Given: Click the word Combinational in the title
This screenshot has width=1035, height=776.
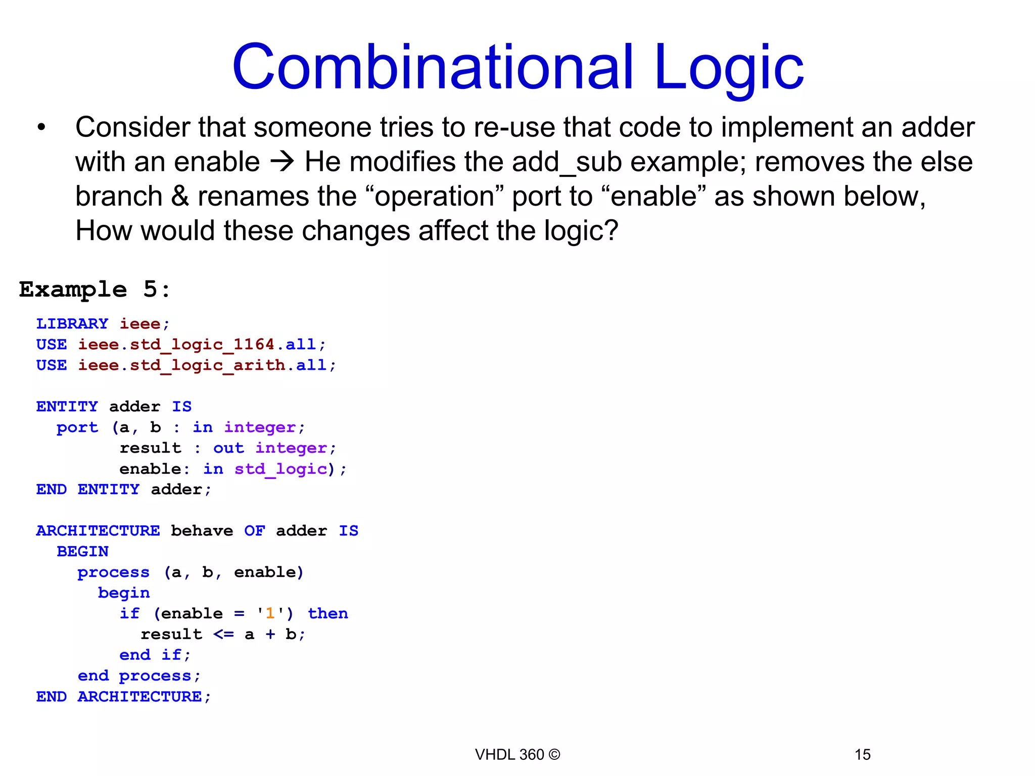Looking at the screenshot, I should (432, 67).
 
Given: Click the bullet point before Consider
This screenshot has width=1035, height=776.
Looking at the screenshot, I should (41, 127).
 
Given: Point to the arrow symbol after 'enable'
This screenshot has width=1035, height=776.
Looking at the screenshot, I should (282, 162).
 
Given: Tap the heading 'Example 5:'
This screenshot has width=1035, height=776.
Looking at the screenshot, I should (95, 289).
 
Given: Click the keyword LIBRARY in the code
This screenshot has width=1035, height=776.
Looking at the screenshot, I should (72, 323).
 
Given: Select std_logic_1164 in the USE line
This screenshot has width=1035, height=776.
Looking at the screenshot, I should (202, 345).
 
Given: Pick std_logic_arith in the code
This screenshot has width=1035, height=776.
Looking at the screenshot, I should (207, 365).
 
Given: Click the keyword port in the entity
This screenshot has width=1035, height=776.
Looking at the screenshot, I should (77, 427).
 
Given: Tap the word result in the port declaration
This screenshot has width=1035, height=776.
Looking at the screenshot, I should (150, 448).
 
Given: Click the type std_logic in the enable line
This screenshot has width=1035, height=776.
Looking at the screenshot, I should (280, 469).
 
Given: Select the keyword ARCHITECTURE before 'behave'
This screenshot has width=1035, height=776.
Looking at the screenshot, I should (98, 531).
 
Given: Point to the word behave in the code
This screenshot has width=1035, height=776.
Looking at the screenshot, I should (202, 531).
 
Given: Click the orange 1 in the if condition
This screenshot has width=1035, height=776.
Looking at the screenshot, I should (270, 614).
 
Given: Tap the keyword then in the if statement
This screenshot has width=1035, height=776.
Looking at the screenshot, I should (328, 614).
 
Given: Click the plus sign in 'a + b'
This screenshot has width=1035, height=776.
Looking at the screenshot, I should (270, 635).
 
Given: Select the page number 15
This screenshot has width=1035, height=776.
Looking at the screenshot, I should (862, 755).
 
